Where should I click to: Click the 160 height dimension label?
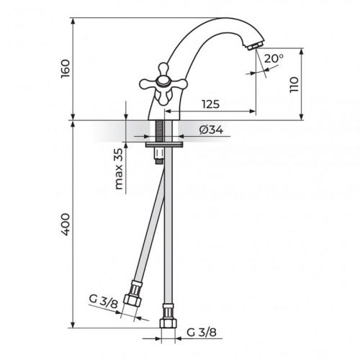point(66,69)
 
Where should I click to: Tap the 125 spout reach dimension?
point(210,104)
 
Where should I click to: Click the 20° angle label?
point(274,58)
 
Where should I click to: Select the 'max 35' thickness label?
point(118,169)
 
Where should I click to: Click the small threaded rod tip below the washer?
point(156,158)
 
